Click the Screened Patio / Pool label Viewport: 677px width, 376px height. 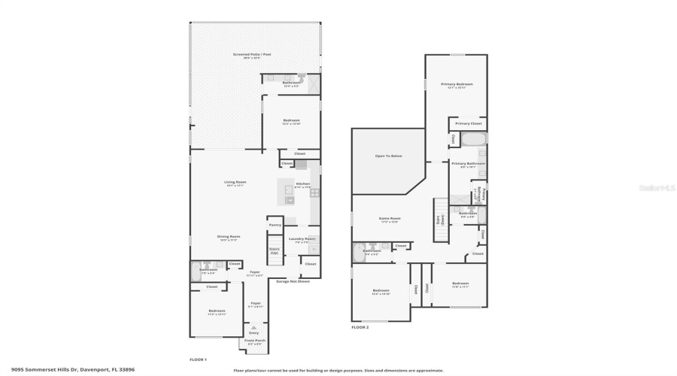[251, 55]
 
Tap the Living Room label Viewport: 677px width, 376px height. [235, 183]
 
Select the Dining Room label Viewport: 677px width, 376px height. [229, 237]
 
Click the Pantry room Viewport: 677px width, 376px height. [275, 224]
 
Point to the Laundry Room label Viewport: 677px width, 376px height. [302, 239]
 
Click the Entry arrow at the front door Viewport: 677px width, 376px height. [253, 329]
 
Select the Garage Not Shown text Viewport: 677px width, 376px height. [293, 280]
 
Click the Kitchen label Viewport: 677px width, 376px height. [302, 184]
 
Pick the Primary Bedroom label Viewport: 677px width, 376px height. [457, 84]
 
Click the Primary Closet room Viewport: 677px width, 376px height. [468, 123]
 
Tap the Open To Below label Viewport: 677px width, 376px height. [388, 156]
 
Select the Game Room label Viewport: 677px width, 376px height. [390, 219]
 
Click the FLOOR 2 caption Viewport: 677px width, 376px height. [360, 328]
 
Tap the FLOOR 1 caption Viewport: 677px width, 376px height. [198, 359]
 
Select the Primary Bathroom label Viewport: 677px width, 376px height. [468, 164]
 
